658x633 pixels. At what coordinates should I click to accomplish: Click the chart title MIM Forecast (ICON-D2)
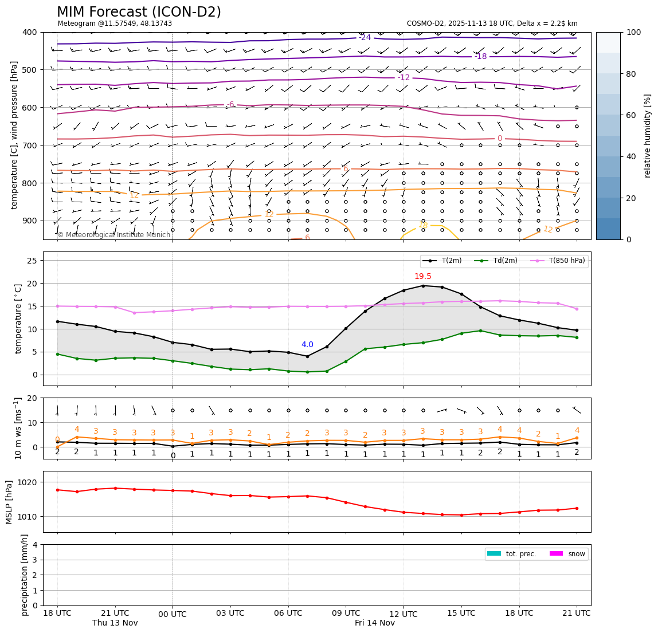click(x=139, y=12)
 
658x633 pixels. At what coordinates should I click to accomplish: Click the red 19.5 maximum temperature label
click(x=423, y=277)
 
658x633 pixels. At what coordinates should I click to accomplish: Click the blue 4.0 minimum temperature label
click(x=307, y=345)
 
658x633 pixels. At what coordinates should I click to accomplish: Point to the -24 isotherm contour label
click(x=365, y=38)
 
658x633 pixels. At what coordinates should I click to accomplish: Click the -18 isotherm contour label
click(x=480, y=56)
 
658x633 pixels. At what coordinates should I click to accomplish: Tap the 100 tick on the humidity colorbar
click(x=634, y=32)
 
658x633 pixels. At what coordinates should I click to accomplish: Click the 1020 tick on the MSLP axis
click(x=29, y=482)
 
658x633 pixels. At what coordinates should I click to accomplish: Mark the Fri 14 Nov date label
click(x=375, y=623)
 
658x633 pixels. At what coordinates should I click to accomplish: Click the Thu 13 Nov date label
click(x=115, y=623)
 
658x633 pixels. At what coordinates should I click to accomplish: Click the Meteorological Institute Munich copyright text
click(x=114, y=235)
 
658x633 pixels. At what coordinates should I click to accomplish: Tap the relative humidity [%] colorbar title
click(x=648, y=136)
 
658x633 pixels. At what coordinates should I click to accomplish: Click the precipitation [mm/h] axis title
click(x=25, y=575)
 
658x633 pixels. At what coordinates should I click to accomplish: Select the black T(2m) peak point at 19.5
click(x=423, y=286)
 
